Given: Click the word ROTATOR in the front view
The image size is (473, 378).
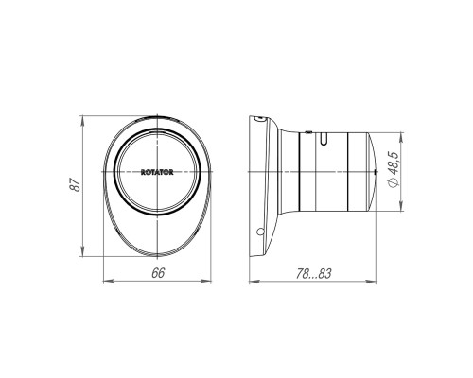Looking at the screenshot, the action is [157, 172].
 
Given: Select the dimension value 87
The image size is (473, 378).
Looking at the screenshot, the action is [76, 185].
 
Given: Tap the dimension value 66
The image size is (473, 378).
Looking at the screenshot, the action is [158, 273].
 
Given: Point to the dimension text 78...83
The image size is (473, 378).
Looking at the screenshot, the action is [313, 273].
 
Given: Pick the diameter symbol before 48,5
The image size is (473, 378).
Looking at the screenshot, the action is [394, 181].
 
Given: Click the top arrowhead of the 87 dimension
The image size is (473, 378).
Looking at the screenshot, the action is [82, 121].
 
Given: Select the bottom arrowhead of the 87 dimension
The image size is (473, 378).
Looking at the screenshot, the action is [82, 251].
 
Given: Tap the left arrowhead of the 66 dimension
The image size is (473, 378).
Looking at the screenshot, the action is [109, 281].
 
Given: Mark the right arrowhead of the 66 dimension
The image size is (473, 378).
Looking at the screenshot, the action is [206, 281].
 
